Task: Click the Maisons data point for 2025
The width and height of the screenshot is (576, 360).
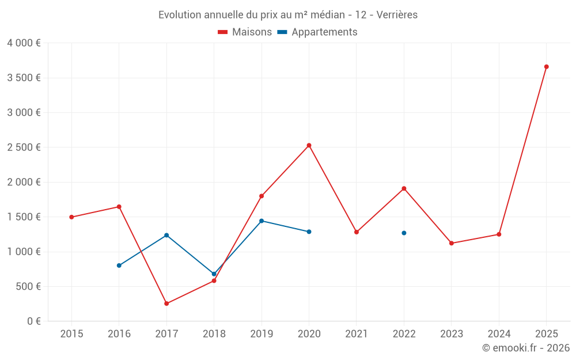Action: pos(546,67)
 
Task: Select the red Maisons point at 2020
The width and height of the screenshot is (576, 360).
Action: pos(309,145)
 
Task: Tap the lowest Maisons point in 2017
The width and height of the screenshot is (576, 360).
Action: pos(166,304)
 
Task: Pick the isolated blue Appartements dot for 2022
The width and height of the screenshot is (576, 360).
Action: pos(404,233)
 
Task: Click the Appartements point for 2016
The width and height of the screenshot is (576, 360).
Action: pos(119,266)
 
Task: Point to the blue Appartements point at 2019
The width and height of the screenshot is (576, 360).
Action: pos(262,221)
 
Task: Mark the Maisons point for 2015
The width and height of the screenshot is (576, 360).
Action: pos(71,217)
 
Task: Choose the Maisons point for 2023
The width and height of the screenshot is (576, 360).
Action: pos(452,243)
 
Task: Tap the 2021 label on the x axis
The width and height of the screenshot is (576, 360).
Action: pos(357,334)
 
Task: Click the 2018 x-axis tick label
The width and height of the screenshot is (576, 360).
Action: pos(214,334)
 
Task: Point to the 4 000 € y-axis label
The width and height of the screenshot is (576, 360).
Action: pos(24,43)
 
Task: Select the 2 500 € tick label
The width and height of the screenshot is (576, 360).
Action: pos(24,147)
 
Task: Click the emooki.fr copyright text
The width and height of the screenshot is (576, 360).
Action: pos(526,348)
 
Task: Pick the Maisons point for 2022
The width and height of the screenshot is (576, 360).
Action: pos(404,188)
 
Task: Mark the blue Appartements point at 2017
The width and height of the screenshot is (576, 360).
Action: pos(166,235)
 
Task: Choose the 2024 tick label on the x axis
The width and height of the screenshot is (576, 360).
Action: pos(499,334)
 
